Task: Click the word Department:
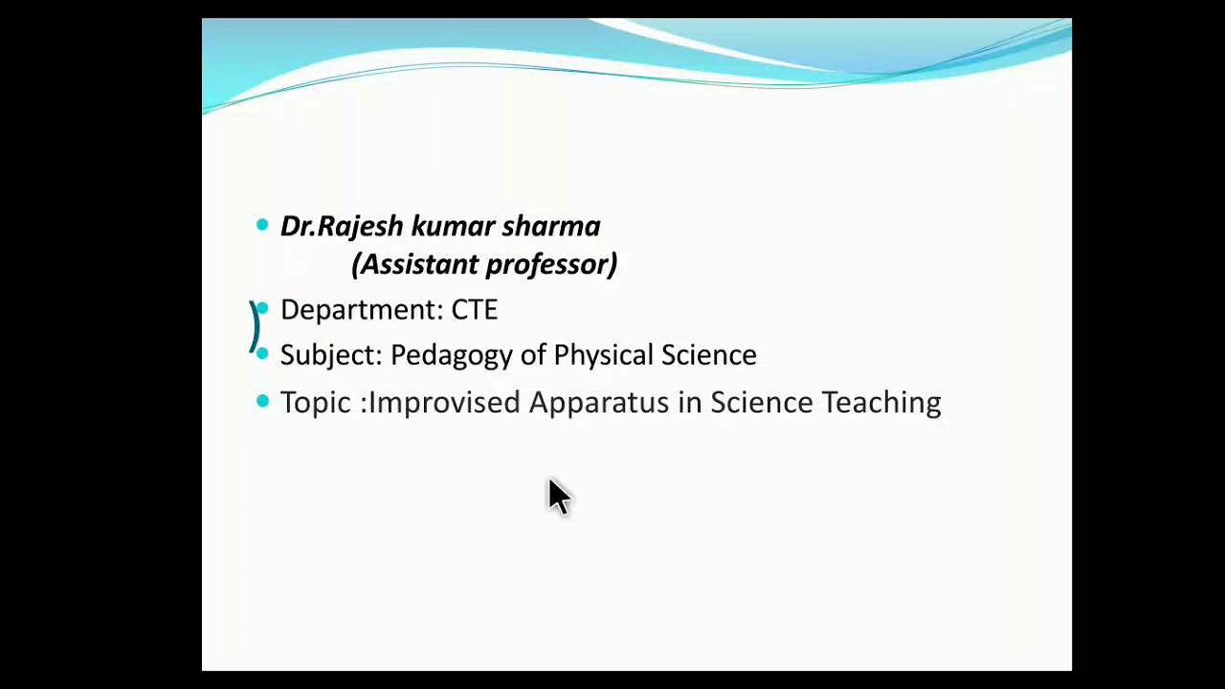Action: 362,310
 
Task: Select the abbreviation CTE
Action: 475,310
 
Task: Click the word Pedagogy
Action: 468,356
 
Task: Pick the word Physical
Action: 603,355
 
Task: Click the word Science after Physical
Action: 709,355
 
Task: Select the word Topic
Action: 315,403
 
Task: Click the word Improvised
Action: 444,403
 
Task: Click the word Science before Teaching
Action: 761,403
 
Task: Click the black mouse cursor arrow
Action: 558,497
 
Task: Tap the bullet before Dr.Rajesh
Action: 262,225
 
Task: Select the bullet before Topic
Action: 262,402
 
